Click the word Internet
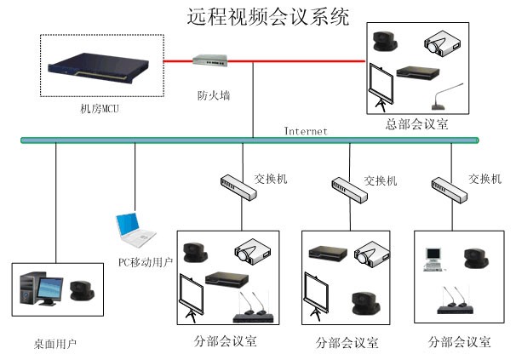[x=306, y=131]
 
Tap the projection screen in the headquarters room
[x=381, y=87]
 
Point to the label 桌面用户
[x=55, y=343]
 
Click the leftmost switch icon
[x=238, y=186]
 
